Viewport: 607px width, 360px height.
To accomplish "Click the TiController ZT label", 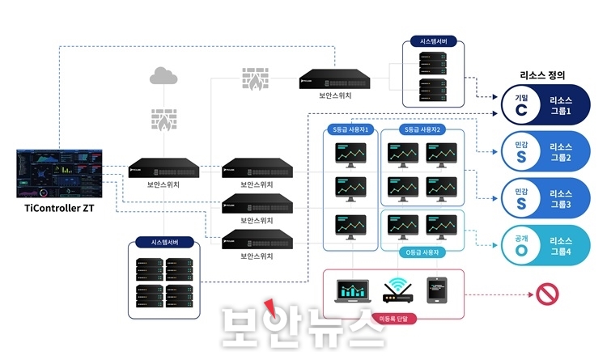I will coord(61,210).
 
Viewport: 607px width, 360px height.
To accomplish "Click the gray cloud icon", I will coord(163,77).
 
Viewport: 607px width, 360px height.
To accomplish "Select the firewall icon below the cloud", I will coord(163,119).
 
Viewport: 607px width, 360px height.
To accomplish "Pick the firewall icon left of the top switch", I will coord(255,78).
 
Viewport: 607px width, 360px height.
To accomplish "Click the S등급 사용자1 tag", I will coord(350,129).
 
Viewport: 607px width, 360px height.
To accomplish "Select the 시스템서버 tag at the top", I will coord(435,40).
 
